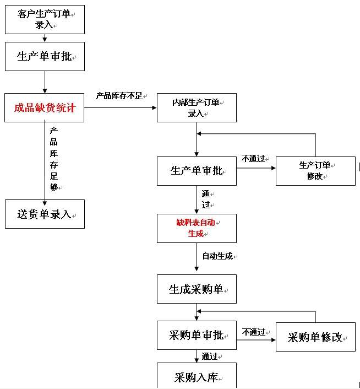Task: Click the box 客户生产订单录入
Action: [45, 20]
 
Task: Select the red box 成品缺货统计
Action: [45, 107]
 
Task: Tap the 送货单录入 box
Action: [45, 214]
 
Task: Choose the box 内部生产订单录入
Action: [197, 108]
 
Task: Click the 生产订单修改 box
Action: [315, 171]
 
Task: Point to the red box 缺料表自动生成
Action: [197, 228]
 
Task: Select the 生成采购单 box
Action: [197, 289]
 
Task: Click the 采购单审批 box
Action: [197, 336]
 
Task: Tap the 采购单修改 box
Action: [315, 337]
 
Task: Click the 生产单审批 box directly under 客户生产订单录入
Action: [45, 56]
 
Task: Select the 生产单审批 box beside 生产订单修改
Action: [197, 171]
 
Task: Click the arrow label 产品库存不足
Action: [119, 96]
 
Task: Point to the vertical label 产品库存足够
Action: [54, 159]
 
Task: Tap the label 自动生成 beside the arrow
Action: [217, 256]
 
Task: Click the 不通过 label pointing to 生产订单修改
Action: [254, 159]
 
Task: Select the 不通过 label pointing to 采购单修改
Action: [254, 332]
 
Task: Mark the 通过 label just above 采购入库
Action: [209, 355]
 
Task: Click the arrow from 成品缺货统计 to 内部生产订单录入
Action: [121, 107]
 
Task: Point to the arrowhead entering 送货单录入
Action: [45, 197]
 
